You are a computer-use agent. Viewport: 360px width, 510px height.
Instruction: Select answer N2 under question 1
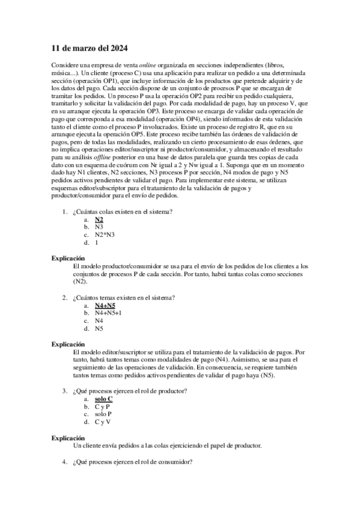tap(99, 220)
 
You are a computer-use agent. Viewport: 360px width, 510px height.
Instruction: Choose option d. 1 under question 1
tap(97, 242)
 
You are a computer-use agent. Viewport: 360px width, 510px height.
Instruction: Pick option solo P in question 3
tap(103, 415)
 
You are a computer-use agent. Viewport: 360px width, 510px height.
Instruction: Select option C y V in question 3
tap(103, 423)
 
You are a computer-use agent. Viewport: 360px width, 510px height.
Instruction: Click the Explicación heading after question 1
tap(69, 258)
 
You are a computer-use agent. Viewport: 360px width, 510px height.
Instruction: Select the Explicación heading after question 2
tap(69, 344)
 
